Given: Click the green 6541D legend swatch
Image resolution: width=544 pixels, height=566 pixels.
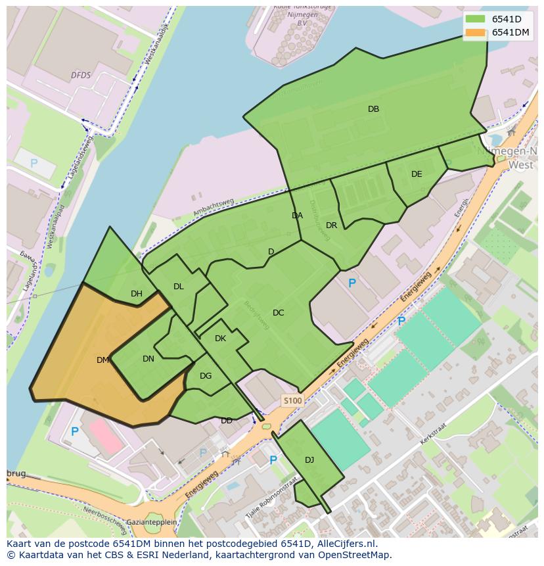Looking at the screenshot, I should pos(475,19).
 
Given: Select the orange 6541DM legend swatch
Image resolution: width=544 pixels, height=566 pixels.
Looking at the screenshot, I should pos(475,32).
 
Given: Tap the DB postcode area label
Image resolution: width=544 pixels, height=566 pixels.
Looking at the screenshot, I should pos(373,109).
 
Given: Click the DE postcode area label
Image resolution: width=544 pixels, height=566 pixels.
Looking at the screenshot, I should pos(417,174).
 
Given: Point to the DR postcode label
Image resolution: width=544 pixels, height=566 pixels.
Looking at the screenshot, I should pos(331,225).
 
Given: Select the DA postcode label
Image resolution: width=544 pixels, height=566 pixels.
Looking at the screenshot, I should pos(297,216).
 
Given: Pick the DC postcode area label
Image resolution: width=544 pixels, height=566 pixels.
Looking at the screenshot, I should pos(278,313).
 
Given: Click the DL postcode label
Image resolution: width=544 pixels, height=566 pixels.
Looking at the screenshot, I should pos(178,287).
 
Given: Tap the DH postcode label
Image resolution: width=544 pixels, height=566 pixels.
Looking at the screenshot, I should pos(136,294).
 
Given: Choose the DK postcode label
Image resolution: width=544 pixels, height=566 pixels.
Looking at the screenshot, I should pos(220,339).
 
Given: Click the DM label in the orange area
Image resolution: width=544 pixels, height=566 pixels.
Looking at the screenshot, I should pos(102,360).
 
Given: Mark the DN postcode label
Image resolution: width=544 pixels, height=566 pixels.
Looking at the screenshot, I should pos(148,359).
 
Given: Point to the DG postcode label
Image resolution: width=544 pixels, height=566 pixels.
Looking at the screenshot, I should pos(206,376).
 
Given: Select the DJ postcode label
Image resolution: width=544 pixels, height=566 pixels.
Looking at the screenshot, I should pos(309,460).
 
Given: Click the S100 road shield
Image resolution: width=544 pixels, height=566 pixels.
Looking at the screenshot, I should pos(292,400).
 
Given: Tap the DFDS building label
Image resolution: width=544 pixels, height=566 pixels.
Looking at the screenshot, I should pos(81,76).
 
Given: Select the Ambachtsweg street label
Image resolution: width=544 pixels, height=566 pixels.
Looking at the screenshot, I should pos(214,208).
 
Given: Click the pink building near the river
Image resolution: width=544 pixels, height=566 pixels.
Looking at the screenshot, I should pos(106,437).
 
